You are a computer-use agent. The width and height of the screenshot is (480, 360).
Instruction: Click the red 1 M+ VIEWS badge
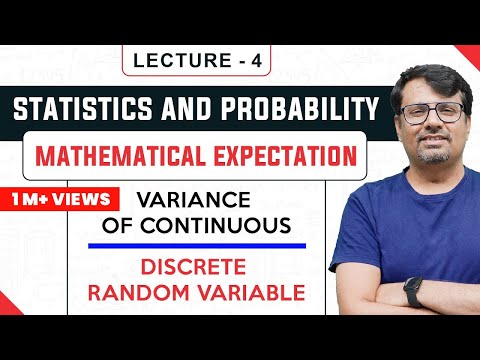pos(50,197)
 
